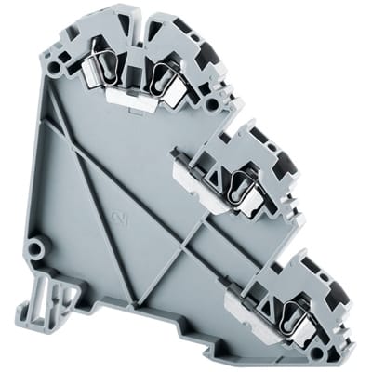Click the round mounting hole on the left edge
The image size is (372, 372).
(37, 247)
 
